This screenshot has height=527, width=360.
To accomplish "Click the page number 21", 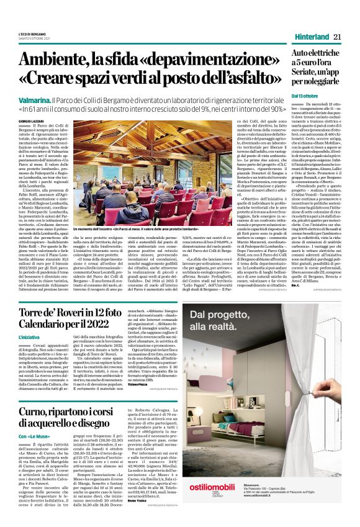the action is (336, 37).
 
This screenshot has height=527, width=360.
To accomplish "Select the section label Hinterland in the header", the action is (309, 37).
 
